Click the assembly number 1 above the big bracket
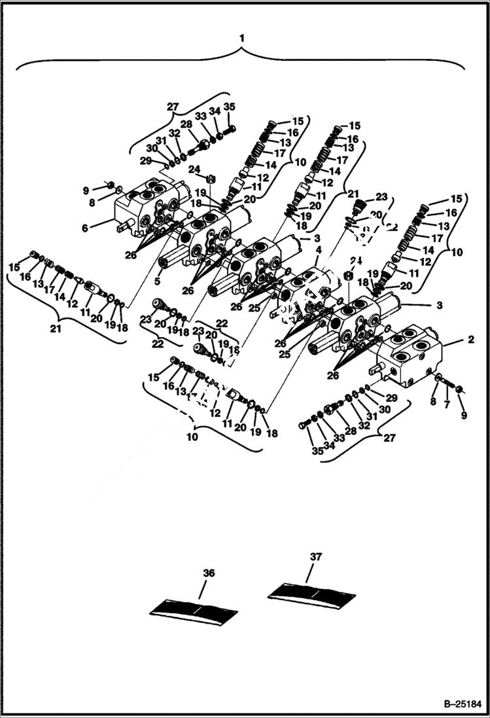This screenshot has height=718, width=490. [x=242, y=39]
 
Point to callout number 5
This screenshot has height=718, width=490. [x=156, y=282]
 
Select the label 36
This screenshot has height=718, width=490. [x=209, y=573]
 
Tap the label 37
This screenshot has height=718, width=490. [x=316, y=557]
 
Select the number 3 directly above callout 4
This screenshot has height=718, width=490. [x=317, y=238]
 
